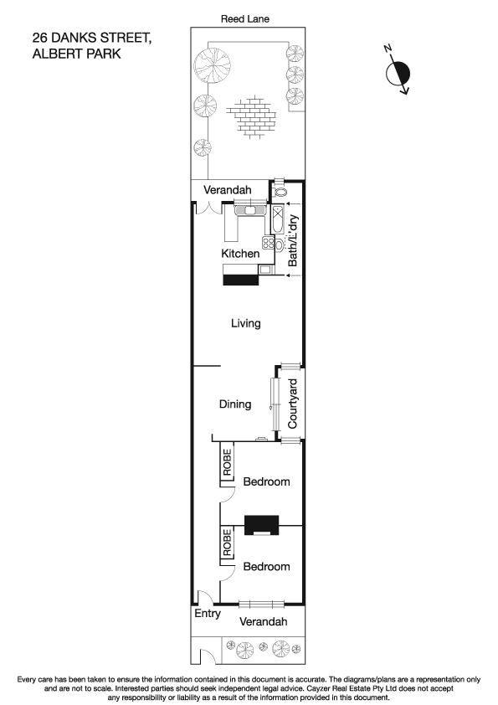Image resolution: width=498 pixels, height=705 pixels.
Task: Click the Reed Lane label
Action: [245, 18]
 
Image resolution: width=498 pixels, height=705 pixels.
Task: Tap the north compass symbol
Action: [398, 73]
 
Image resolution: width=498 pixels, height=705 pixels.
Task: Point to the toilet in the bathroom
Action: [280, 192]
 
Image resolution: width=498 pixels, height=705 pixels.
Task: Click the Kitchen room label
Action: [240, 254]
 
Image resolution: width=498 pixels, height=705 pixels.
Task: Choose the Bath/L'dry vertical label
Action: [293, 240]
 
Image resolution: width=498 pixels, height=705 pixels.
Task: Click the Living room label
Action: [245, 323]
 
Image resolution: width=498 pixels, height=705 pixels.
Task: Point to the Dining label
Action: [235, 404]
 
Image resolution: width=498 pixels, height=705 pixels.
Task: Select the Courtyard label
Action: [293, 404]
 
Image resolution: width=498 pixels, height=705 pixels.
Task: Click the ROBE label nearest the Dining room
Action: [227, 464]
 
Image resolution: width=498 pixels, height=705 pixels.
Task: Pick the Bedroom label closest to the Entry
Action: [266, 567]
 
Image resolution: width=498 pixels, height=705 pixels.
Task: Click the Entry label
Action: [207, 614]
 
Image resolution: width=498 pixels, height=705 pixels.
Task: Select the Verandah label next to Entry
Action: [264, 622]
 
